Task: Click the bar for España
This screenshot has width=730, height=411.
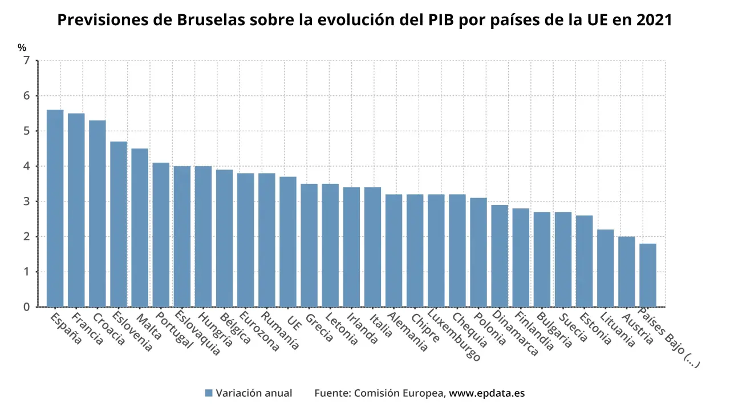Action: (55, 208)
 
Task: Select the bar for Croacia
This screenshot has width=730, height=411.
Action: (97, 213)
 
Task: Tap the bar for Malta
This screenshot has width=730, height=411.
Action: (140, 228)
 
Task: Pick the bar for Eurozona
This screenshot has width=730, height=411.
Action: (245, 240)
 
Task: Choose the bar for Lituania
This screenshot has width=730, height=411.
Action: (606, 268)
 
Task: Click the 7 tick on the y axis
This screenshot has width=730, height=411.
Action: (26, 61)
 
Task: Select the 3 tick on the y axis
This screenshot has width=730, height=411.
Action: (26, 202)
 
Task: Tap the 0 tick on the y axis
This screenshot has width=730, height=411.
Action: (26, 307)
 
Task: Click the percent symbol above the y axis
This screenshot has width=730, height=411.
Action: (22, 48)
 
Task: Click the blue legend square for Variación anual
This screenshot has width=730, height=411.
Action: (209, 393)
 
